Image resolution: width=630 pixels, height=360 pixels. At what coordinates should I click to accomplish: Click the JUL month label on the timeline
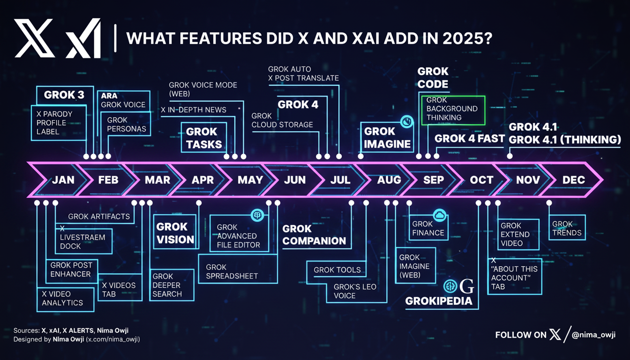tap(340, 180)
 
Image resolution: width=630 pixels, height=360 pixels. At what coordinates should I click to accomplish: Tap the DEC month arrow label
tap(574, 180)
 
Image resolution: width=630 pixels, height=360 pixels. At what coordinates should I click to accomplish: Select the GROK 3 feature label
tap(64, 95)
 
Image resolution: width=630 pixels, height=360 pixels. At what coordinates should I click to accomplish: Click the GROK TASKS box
tap(204, 138)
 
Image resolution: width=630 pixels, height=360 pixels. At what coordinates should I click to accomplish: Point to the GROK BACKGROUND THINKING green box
tap(453, 110)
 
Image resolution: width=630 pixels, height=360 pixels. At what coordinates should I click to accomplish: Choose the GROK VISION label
tap(175, 233)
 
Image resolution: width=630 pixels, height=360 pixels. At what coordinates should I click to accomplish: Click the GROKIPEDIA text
tap(439, 301)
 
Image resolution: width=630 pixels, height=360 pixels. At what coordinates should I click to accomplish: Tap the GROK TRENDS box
tap(567, 227)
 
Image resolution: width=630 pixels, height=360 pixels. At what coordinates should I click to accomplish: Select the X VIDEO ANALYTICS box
tap(65, 300)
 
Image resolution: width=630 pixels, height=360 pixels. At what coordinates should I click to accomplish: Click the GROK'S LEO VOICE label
tap(355, 291)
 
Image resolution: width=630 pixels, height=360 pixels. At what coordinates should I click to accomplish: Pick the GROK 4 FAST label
tap(470, 139)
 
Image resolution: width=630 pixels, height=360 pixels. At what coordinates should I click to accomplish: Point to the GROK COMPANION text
tap(314, 235)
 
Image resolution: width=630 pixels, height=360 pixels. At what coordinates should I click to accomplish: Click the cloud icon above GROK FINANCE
tap(440, 216)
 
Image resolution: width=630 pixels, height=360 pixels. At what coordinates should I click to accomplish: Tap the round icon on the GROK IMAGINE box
tap(407, 121)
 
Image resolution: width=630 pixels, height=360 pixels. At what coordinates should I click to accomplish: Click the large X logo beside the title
tap(34, 38)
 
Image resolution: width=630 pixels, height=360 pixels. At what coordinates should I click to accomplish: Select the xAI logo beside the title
tap(83, 38)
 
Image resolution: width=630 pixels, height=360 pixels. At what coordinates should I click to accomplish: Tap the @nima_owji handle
tap(593, 335)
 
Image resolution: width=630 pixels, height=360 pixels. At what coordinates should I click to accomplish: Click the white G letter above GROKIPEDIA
tap(467, 286)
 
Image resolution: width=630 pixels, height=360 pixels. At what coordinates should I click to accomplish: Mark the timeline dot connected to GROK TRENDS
tap(549, 203)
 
